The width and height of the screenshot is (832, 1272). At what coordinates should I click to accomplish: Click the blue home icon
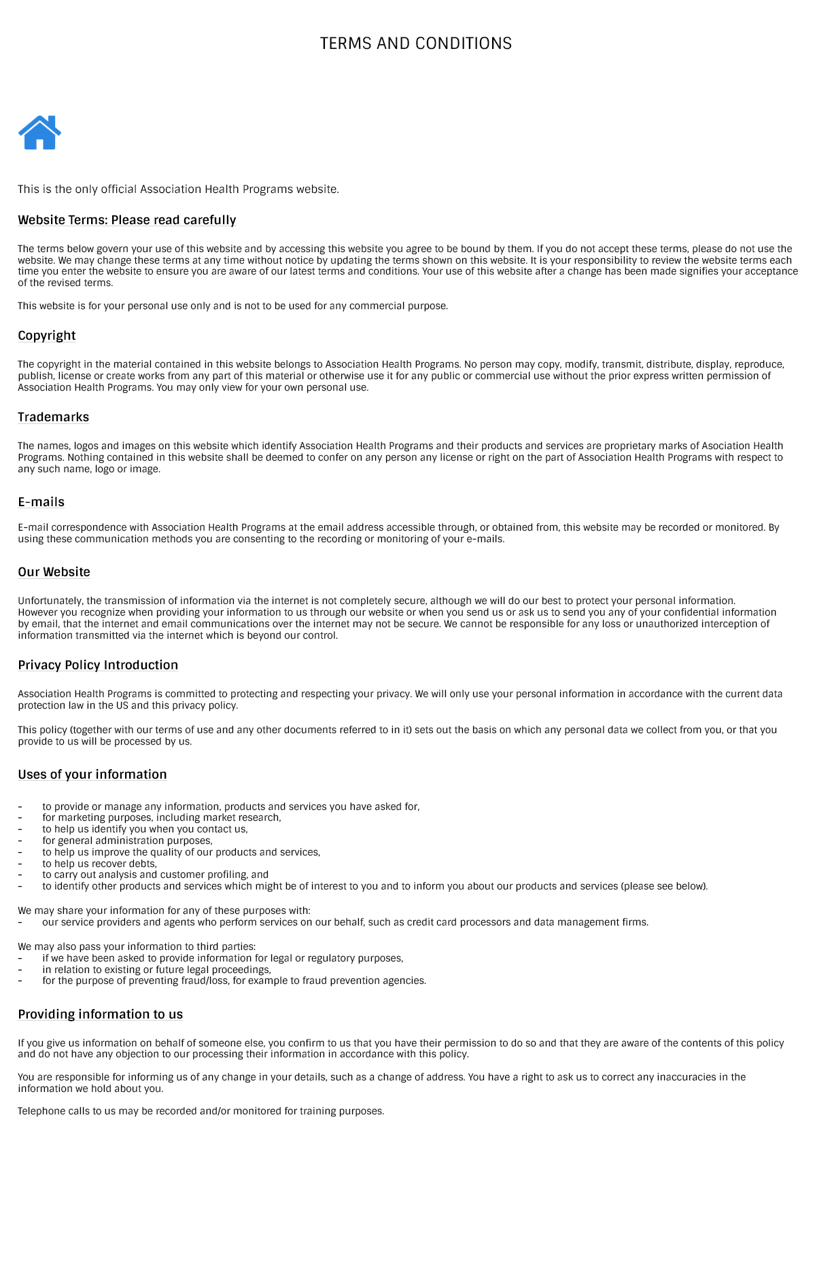coord(39,132)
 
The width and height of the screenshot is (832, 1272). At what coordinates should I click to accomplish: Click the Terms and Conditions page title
coord(416,43)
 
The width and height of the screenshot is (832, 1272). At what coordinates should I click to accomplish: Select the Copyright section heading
coord(47,336)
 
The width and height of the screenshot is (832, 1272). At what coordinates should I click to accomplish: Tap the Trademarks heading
coord(54,417)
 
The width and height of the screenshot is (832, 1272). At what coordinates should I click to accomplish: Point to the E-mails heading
coord(41,502)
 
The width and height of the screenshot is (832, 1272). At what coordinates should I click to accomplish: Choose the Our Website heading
coord(54,572)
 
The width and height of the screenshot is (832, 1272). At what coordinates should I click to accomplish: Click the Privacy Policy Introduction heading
coord(98,665)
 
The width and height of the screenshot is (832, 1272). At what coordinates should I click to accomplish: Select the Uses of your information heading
coord(92,775)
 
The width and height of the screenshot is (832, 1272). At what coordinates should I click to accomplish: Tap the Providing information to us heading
coord(101,1014)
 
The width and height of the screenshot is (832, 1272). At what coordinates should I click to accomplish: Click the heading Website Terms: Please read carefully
coord(127,220)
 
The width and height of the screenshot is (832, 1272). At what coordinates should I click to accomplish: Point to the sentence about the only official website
coord(178,189)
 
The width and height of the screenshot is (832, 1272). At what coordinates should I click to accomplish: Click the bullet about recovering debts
coord(99,864)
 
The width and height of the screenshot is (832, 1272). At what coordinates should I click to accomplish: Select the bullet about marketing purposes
coord(162,817)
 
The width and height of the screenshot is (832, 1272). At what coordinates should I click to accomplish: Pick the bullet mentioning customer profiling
coord(155,874)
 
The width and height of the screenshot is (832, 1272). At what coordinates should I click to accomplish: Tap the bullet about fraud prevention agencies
coord(234,980)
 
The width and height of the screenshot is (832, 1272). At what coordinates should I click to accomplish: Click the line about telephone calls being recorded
coord(201,1111)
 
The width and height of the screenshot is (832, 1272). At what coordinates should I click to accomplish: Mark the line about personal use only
coord(232,306)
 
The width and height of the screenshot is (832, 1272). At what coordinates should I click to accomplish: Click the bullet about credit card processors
coord(345,922)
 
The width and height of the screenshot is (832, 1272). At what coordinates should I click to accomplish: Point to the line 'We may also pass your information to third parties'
coord(137,947)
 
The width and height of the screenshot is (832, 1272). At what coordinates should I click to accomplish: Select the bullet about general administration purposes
coord(127,841)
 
